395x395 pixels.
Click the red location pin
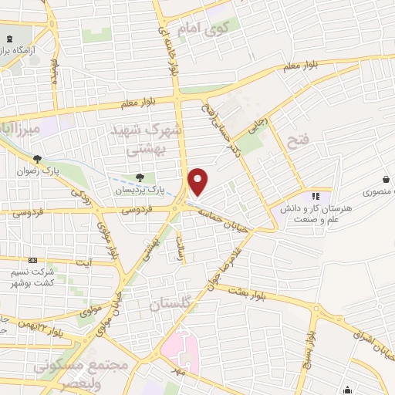pyautogui.click(x=198, y=182)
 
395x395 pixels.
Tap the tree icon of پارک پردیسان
pyautogui.click(x=140, y=177)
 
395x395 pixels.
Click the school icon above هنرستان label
pyautogui.click(x=315, y=197)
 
